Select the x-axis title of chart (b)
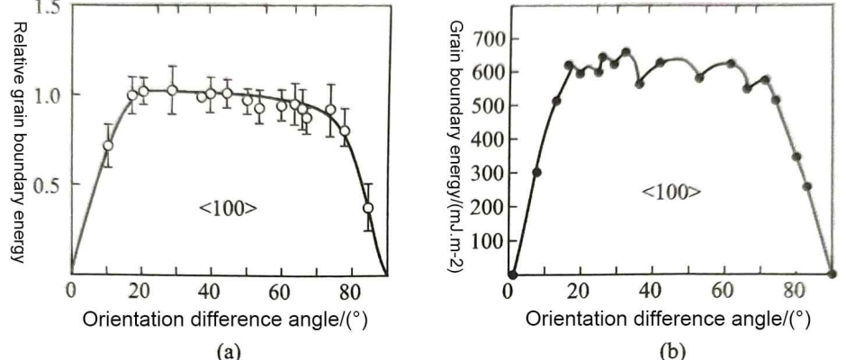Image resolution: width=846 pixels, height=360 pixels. pos(667,319)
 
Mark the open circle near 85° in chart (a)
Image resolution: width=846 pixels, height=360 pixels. pos(367,208)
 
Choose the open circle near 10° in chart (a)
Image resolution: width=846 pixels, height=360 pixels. pos(108,146)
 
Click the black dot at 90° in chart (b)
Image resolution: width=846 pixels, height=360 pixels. pos(831,274)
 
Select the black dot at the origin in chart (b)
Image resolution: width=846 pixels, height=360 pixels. pos(512,274)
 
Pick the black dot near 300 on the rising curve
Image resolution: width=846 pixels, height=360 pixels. pos(537,173)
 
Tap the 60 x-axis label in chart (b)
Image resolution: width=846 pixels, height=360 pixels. pos(723,292)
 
